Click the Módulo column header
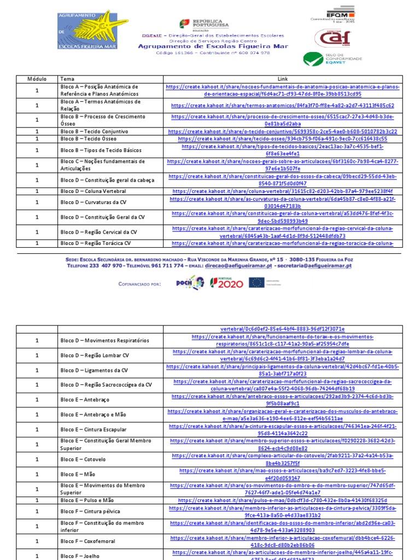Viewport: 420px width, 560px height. pyautogui.click(x=37, y=79)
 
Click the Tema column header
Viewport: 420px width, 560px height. pyautogui.click(x=67, y=79)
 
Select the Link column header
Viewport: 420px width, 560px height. pyautogui.click(x=282, y=79)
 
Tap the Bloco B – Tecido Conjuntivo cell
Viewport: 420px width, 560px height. pyautogui.click(x=94, y=132)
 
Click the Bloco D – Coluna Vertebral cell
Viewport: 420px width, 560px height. pyautogui.click(x=93, y=191)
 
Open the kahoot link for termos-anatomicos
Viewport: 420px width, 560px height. pyautogui.click(x=282, y=105)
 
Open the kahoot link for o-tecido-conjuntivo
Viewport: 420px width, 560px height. pyautogui.click(x=282, y=132)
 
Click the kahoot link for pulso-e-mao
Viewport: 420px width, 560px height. pyautogui.click(x=282, y=500)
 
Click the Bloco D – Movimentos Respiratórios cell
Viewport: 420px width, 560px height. pyautogui.click(x=104, y=341)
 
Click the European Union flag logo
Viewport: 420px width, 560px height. pyautogui.click(x=256, y=282)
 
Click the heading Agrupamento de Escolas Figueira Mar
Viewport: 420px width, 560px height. pyautogui.click(x=212, y=46)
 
